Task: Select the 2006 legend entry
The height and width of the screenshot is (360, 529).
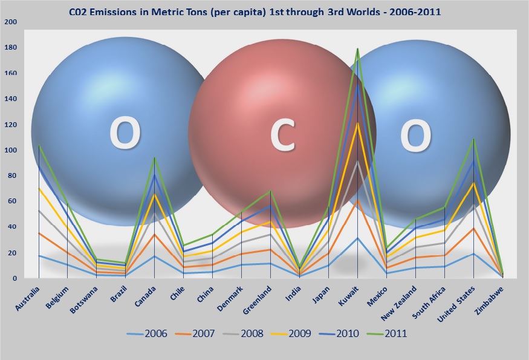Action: [157, 333]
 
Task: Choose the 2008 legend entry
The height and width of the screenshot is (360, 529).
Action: [236, 333]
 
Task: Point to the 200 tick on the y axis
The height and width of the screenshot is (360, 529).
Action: [10, 22]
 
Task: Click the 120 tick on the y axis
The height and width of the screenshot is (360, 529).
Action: [10, 125]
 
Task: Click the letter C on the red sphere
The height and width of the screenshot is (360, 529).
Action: [282, 136]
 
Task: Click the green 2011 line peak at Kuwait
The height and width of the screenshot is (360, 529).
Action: [357, 48]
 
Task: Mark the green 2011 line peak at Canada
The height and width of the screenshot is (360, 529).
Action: [154, 157]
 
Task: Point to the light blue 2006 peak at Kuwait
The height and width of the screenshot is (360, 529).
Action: [357, 238]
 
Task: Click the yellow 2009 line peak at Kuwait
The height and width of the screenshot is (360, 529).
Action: [357, 123]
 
